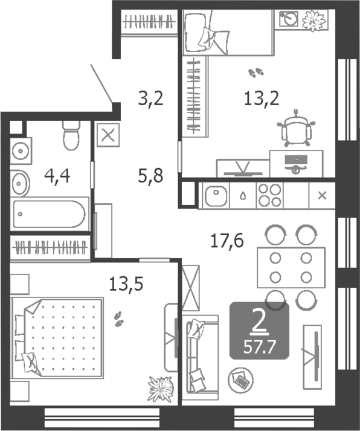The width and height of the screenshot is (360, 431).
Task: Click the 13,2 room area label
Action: tap(262, 99)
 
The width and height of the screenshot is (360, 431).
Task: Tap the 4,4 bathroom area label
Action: tap(57, 176)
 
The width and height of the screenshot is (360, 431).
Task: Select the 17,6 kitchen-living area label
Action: tap(227, 241)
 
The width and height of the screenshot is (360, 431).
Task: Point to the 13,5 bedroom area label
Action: tap(126, 284)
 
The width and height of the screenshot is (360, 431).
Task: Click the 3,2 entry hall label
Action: tap(151, 99)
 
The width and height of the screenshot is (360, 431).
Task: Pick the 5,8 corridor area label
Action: tap(151, 176)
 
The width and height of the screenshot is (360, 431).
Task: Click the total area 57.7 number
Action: tap(260, 348)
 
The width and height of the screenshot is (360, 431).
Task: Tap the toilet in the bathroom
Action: tap(71, 135)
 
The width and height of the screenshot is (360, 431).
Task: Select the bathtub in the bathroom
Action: tap(50, 214)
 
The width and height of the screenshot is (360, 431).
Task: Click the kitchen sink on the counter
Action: tap(216, 196)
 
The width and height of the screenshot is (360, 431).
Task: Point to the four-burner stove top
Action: tap(269, 196)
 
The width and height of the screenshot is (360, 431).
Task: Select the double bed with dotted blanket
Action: tap(57, 337)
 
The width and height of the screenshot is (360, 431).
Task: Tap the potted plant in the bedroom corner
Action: tap(161, 389)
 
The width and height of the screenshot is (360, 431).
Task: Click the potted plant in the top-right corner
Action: tap(314, 21)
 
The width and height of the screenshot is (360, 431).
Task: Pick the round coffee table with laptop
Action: tap(240, 380)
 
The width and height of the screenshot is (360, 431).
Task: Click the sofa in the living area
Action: tap(200, 357)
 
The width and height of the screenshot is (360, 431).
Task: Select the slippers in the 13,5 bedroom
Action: tap(118, 319)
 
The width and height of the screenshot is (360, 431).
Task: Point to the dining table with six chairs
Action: tap(291, 267)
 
